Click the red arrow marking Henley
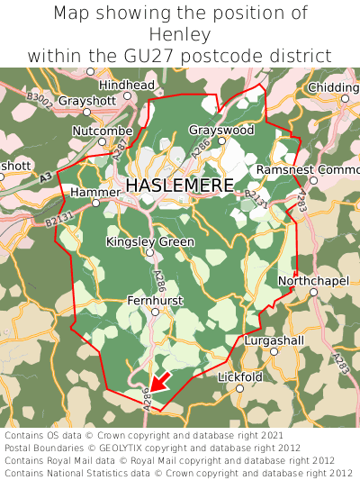[x=158, y=381]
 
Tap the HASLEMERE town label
[x=180, y=186]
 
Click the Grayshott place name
[x=87, y=101]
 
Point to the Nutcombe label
[x=102, y=131]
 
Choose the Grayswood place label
[x=221, y=131]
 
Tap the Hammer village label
[x=94, y=193]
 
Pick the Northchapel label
[x=312, y=281]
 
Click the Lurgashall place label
[x=274, y=340]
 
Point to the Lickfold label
[x=239, y=376]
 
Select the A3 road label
[x=45, y=179]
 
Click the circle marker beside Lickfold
[x=239, y=389]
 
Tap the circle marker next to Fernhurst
[x=155, y=312]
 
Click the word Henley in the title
[x=180, y=34]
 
